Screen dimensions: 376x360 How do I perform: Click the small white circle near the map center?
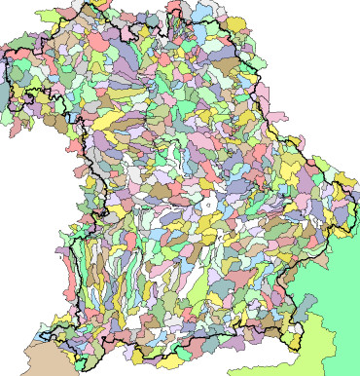pyautogui.click(x=207, y=206)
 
